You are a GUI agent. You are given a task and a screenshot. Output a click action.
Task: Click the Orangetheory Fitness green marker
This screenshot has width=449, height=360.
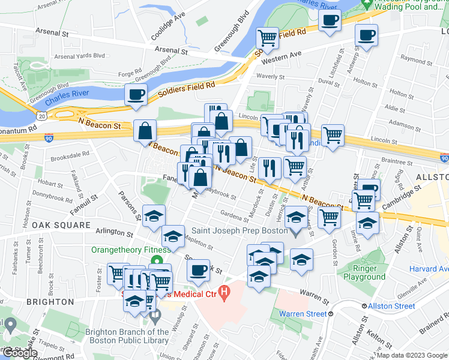click(157, 261)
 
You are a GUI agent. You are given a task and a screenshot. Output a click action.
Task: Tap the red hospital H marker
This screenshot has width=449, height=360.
click(224, 293)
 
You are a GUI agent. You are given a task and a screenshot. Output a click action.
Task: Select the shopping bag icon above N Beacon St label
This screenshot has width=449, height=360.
click(145, 130)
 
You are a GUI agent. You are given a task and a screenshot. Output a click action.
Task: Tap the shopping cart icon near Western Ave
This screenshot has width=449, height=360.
click(267, 38)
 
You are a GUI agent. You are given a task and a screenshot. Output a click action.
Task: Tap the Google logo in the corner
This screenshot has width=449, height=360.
click(19, 353)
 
